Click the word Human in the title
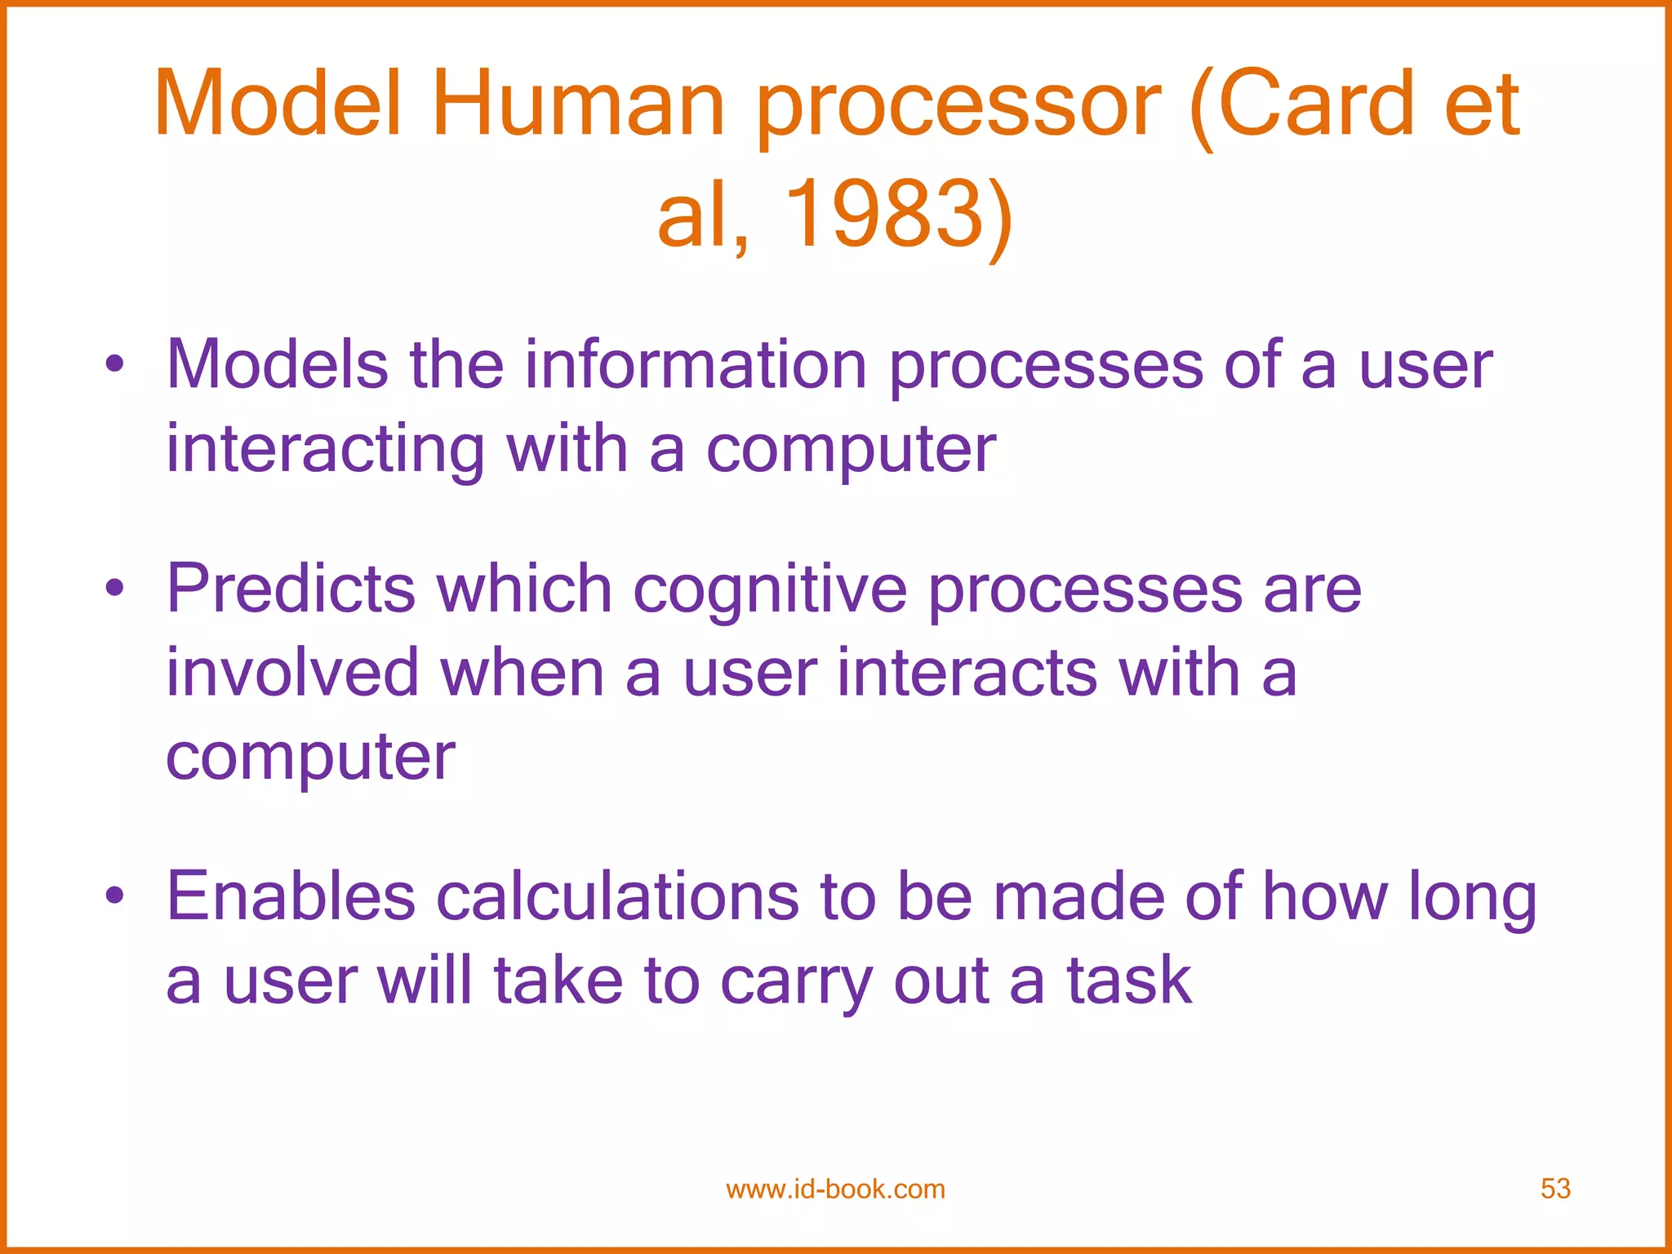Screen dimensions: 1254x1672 tap(578, 104)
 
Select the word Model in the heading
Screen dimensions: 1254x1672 tap(278, 104)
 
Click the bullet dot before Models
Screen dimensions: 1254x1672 tap(115, 364)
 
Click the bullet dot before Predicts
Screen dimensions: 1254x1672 tap(115, 589)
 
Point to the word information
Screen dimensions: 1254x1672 tap(696, 365)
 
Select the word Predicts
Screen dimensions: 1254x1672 tap(291, 589)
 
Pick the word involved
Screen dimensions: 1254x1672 tap(292, 673)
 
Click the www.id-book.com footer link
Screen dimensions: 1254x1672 tap(835, 1190)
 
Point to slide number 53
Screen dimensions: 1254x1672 tap(1555, 1189)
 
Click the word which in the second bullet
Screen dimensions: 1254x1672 tap(524, 589)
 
